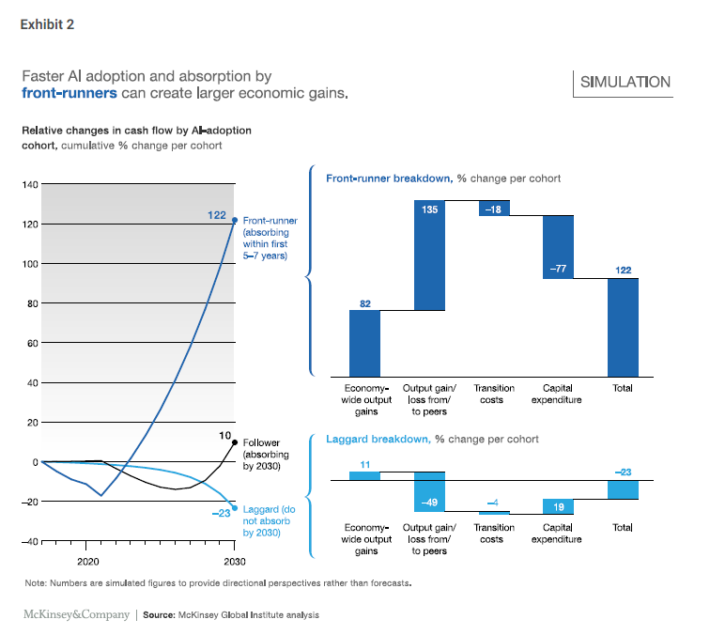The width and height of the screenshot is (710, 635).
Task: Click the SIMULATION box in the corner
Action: [625, 82]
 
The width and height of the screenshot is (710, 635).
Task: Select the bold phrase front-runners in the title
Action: [69, 93]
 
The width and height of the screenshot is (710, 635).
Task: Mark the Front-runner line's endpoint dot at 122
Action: [234, 220]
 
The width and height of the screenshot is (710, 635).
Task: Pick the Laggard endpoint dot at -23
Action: [234, 507]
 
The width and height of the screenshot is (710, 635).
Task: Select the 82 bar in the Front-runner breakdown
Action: [364, 343]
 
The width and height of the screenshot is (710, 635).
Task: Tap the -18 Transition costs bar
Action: [494, 208]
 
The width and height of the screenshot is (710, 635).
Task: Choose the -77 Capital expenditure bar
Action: [558, 246]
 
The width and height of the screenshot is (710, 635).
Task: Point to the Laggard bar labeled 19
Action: [558, 506]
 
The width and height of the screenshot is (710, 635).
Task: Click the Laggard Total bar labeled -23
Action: [623, 489]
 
